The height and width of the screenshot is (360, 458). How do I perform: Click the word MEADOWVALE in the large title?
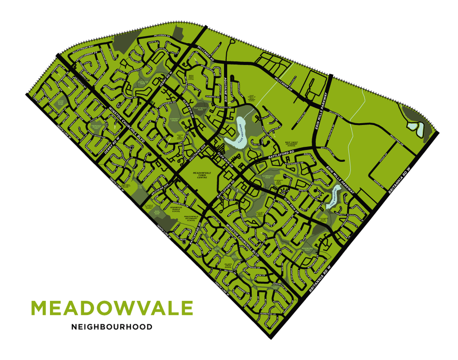pos(111,308)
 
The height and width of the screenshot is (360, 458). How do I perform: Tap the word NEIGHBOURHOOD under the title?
pos(111,327)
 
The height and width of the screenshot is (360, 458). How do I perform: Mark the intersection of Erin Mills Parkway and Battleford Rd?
pos(316,149)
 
